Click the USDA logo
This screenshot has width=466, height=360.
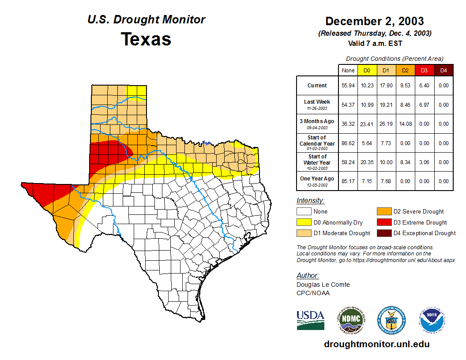pos(310,320)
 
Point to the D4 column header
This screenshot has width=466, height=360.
pos(443,70)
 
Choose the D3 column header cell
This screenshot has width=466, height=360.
pos(424,70)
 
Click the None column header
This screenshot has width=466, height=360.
pos(348,70)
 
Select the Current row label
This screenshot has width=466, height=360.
pos(317,86)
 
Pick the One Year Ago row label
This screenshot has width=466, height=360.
pos(317,178)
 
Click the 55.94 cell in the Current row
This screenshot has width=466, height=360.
pos(348,86)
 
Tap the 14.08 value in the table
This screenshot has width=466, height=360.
pos(405,124)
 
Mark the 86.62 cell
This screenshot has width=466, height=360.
pos(348,143)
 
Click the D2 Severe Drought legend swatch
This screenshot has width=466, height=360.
pos(383,211)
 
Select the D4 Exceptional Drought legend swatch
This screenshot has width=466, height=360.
pos(383,233)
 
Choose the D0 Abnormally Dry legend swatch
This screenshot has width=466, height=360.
pos(304,222)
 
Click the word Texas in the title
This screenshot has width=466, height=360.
pos(146,39)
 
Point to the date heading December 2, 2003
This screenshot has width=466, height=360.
pos(375,21)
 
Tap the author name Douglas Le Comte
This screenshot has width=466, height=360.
pos(323,285)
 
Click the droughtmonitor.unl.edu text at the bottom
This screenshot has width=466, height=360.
pos(376,344)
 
